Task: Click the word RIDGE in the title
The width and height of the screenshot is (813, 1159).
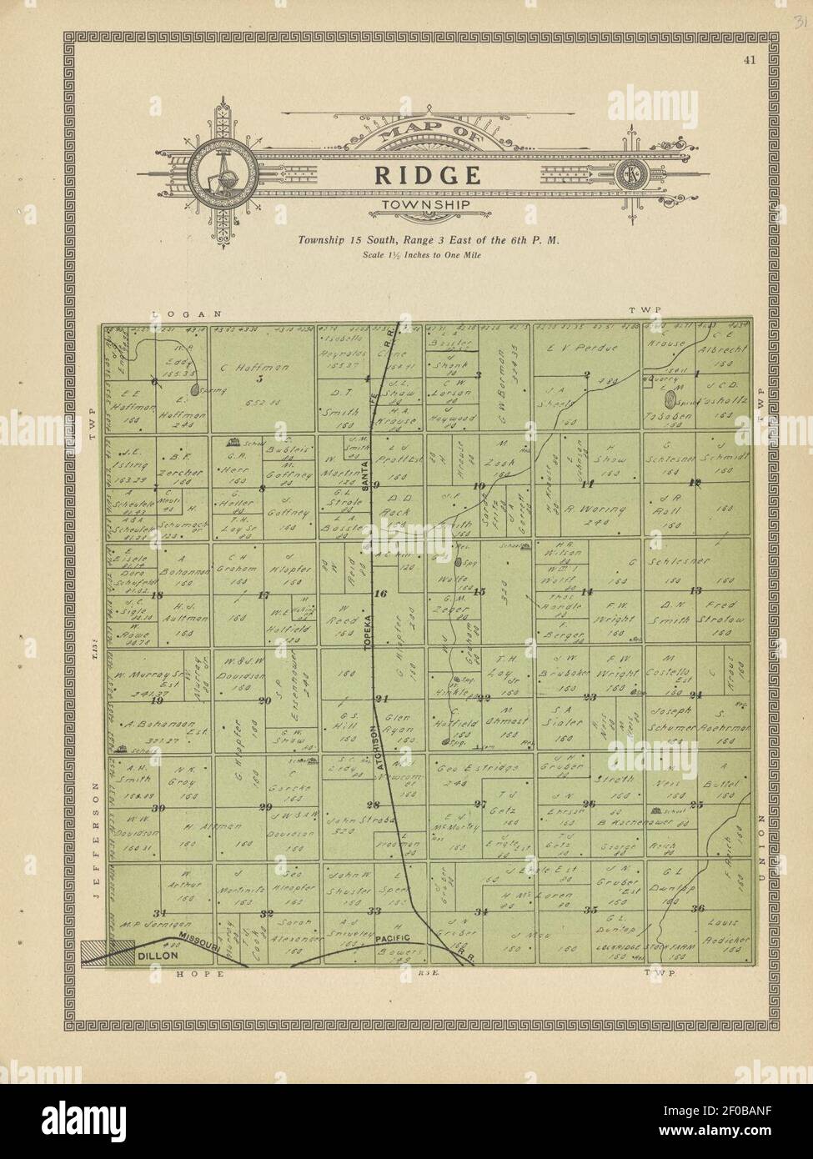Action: click(426, 175)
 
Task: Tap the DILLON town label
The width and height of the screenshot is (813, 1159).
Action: click(158, 956)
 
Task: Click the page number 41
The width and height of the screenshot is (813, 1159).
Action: click(752, 58)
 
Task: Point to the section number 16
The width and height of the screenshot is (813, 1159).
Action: click(382, 595)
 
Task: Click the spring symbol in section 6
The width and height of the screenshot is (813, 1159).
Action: click(194, 389)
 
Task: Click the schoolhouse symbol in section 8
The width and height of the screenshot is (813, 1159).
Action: click(233, 444)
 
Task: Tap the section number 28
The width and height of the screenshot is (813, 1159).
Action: click(373, 805)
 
